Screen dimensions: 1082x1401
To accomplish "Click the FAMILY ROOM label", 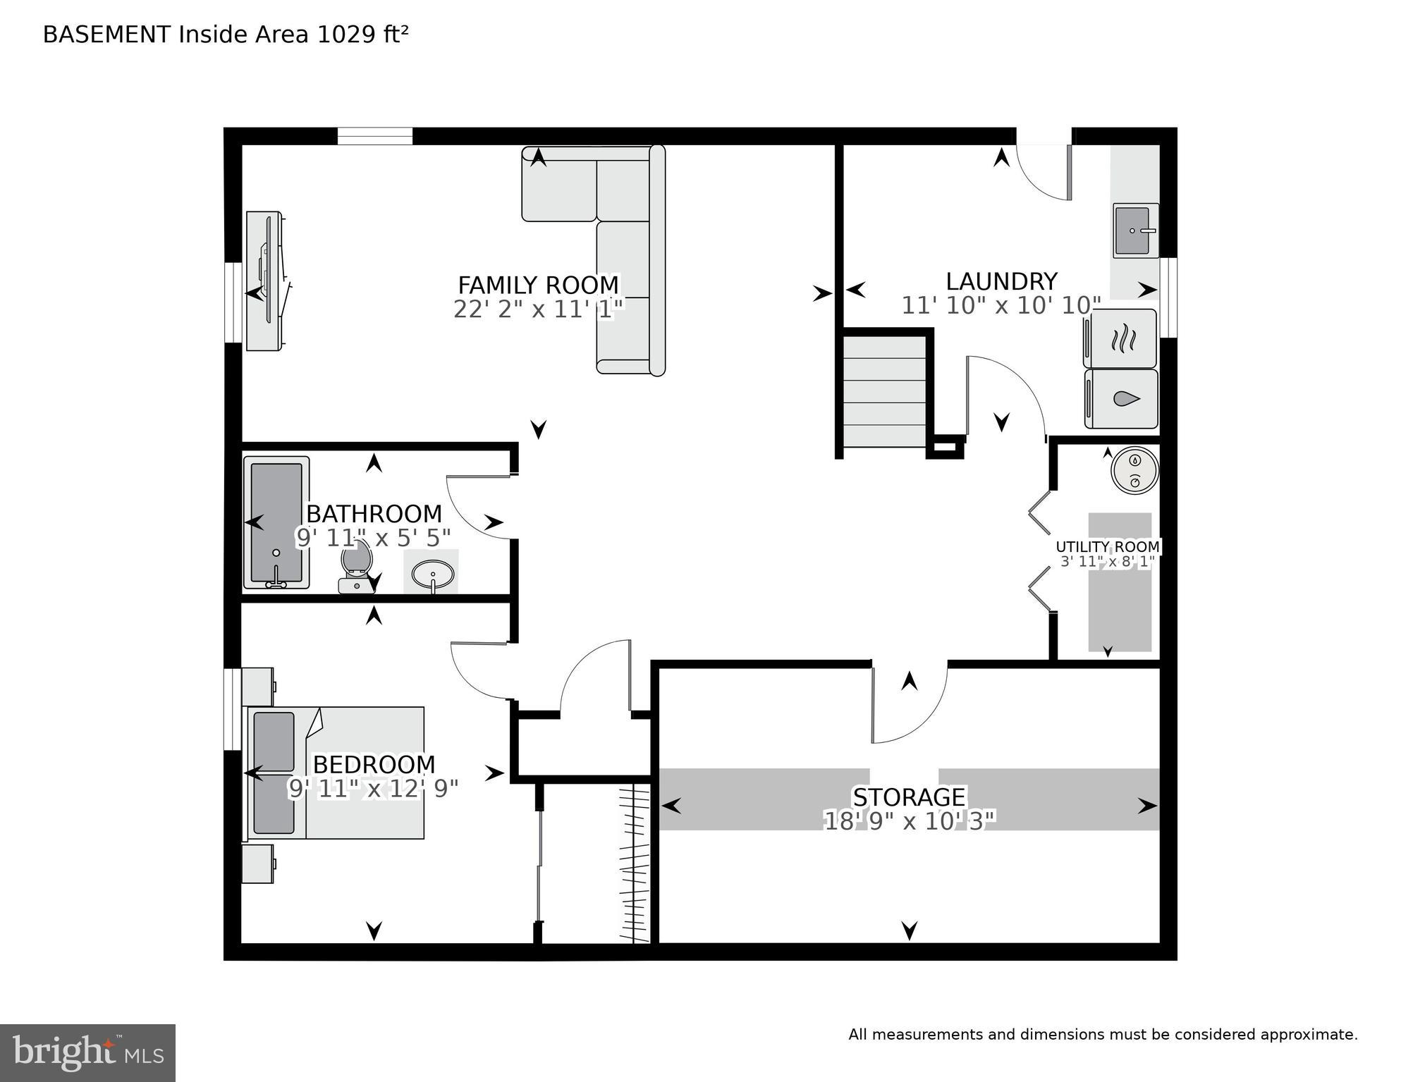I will tap(538, 285).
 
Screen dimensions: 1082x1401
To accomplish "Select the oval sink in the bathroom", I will tap(432, 572).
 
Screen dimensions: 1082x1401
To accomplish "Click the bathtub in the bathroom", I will tap(276, 522).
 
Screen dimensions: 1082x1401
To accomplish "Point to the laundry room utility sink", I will tap(1134, 230).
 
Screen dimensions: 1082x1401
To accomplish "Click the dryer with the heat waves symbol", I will tap(1121, 339).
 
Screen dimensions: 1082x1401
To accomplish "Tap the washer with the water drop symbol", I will tap(1122, 399).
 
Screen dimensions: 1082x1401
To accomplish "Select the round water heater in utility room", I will tap(1134, 470).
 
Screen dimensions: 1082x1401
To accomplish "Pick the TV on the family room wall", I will tap(266, 281).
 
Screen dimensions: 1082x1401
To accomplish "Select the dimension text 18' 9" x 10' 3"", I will tap(909, 821).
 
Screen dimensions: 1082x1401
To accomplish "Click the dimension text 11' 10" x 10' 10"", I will tap(1001, 306).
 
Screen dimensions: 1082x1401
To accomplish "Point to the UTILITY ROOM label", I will tap(1107, 547).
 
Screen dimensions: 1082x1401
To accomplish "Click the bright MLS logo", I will tap(87, 1052).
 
